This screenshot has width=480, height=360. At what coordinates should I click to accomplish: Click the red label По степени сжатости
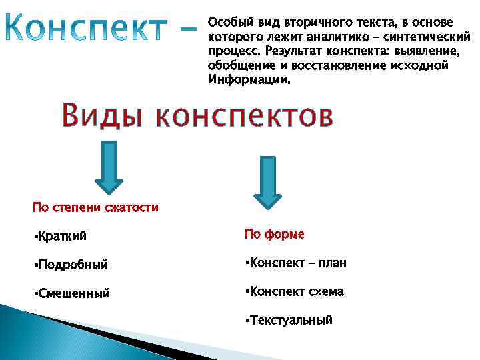tap(95, 207)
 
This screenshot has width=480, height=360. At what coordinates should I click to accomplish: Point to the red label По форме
tap(274, 234)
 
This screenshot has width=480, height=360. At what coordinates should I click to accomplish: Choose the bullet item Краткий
tap(64, 235)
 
